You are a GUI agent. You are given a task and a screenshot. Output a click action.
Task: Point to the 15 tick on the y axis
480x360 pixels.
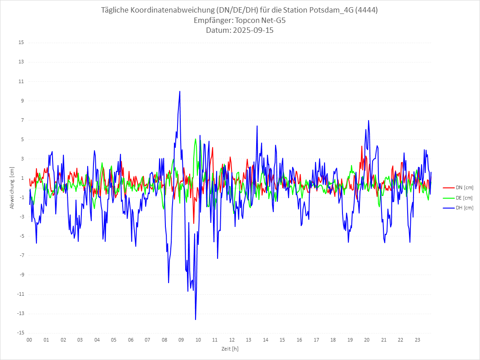point(21,43)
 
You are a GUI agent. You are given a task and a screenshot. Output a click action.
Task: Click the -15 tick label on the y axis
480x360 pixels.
point(20,333)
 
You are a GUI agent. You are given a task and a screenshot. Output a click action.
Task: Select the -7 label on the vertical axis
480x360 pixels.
point(21,255)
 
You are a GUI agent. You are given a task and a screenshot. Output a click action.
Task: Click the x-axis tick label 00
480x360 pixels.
point(29,340)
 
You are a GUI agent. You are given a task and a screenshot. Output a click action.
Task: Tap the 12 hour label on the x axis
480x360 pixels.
point(232,340)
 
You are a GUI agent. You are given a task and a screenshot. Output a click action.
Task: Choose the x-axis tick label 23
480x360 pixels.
point(418,340)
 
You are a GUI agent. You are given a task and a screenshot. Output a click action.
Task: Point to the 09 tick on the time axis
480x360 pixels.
point(181,340)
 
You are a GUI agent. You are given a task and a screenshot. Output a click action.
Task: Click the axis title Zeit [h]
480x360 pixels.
point(230,348)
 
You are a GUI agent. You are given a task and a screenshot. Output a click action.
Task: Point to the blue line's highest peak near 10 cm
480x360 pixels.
point(180,91)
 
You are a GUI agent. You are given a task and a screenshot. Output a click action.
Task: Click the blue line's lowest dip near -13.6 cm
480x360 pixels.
point(196,319)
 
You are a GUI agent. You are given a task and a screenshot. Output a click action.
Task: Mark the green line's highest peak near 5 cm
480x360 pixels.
point(196,139)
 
